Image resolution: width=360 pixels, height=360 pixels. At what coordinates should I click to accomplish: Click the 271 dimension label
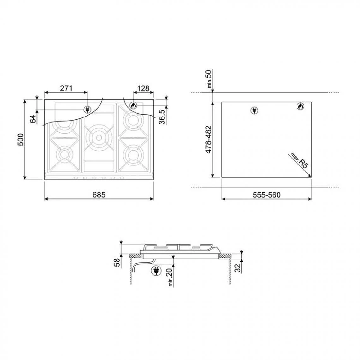point(66,88)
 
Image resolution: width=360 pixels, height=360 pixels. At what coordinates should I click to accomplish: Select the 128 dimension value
point(143,88)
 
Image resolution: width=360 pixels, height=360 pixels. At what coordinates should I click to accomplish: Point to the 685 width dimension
point(99,195)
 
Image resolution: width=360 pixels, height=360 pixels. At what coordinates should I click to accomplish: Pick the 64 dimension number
point(33,119)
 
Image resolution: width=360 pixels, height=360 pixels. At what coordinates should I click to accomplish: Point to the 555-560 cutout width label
point(267,195)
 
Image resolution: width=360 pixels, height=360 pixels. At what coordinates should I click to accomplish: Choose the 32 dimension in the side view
point(238,268)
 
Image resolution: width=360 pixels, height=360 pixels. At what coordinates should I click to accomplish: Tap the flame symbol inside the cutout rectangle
point(300,107)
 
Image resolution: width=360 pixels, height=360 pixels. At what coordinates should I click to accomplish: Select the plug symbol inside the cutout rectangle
point(254,110)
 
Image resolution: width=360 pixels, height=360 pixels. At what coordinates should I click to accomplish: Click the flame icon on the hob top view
point(133,105)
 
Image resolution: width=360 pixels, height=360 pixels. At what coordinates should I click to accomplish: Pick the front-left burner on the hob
point(64,154)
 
